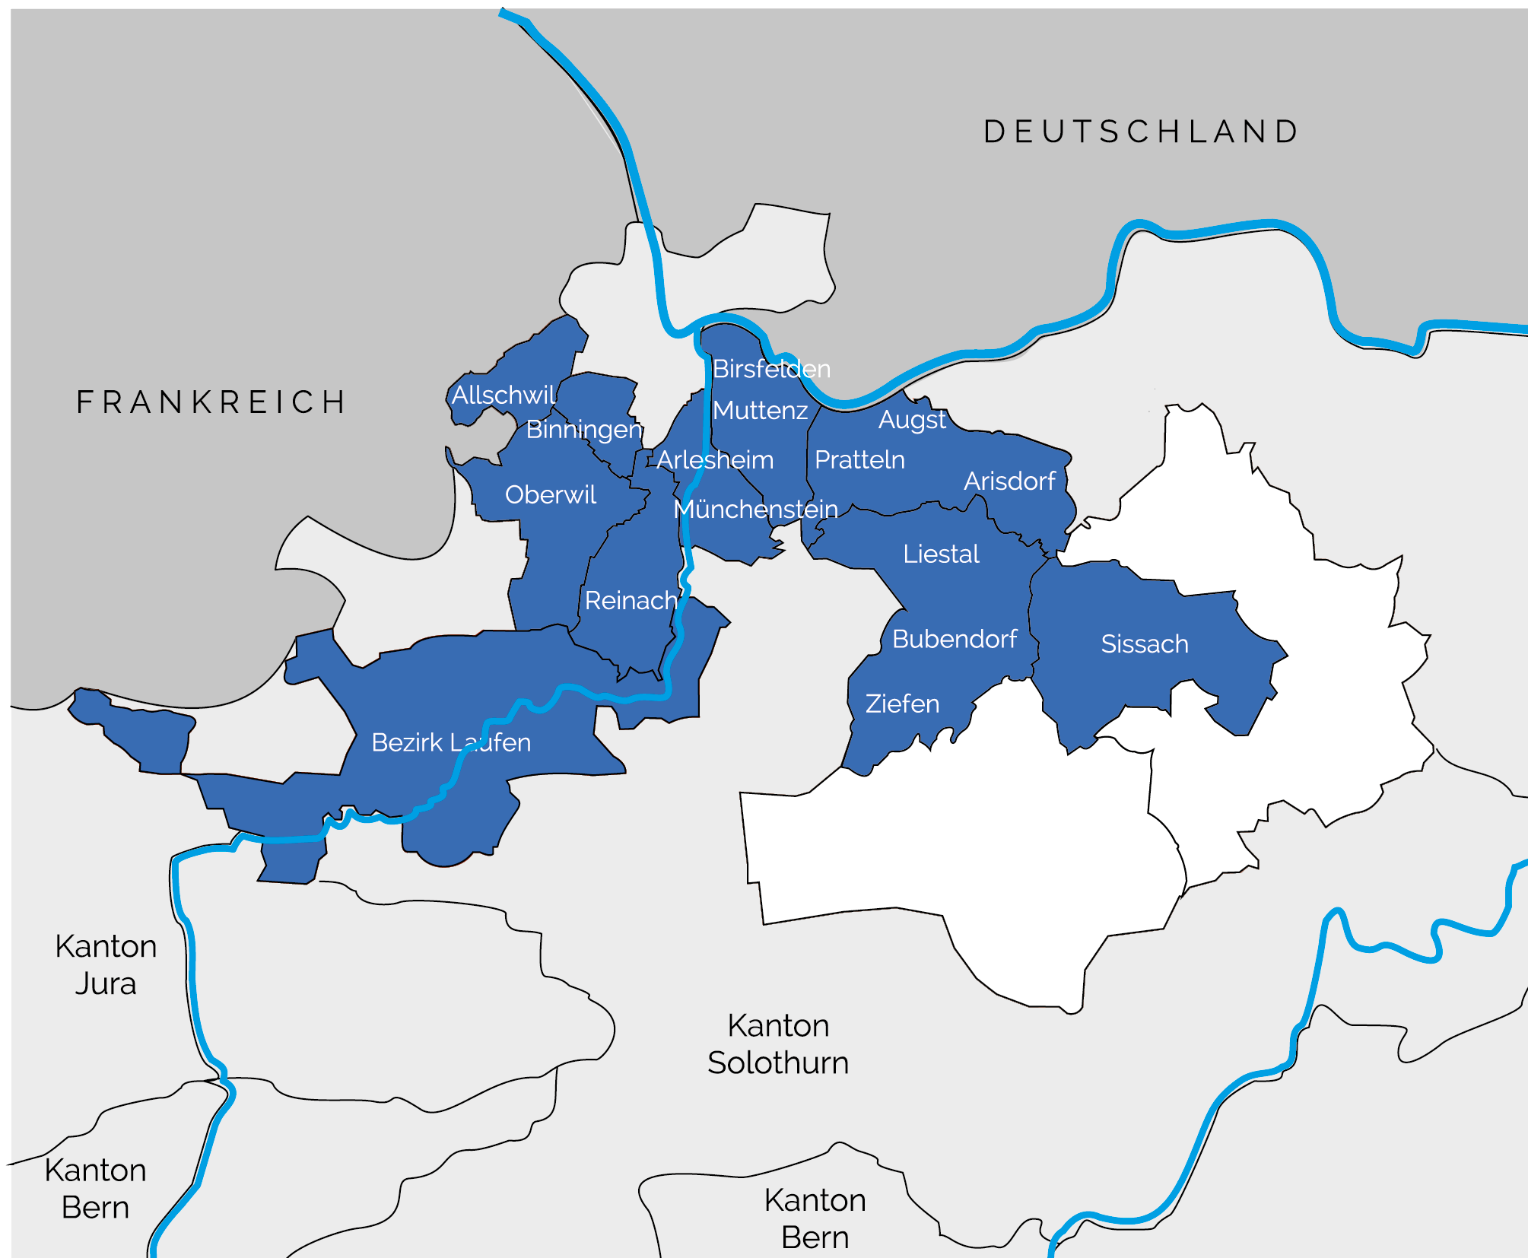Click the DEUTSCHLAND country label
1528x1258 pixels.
pyautogui.click(x=1141, y=132)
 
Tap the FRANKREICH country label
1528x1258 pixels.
pyautogui.click(x=211, y=402)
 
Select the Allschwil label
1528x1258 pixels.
pyautogui.click(x=504, y=395)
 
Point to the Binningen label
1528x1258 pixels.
pyautogui.click(x=583, y=429)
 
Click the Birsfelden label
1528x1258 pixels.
pyautogui.click(x=770, y=369)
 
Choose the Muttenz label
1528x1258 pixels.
pyautogui.click(x=760, y=411)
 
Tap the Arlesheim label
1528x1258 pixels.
pyautogui.click(x=715, y=460)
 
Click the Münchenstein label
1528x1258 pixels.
pyautogui.click(x=755, y=509)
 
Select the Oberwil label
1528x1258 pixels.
pyautogui.click(x=551, y=495)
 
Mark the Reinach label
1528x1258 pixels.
pyautogui.click(x=631, y=601)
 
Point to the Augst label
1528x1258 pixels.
pyautogui.click(x=912, y=420)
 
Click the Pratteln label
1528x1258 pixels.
pyautogui.click(x=859, y=460)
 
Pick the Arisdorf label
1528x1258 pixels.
pyautogui.click(x=1009, y=481)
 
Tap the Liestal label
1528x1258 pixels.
pyautogui.click(x=941, y=554)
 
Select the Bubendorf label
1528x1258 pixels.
pyautogui.click(x=955, y=640)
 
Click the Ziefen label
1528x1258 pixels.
pyautogui.click(x=902, y=704)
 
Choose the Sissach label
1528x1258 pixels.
pyautogui.click(x=1145, y=644)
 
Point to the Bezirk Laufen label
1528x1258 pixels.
pyautogui.click(x=451, y=742)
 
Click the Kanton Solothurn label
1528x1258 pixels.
pyautogui.click(x=778, y=1044)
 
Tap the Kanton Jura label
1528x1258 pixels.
pyautogui.click(x=106, y=965)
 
